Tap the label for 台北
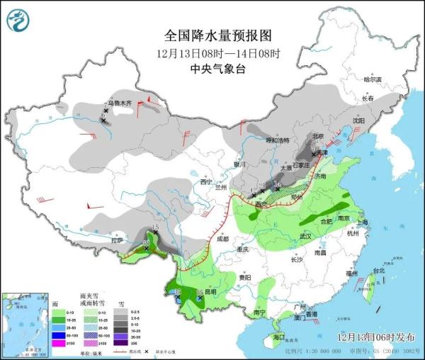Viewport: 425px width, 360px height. pyautogui.click(x=378, y=271)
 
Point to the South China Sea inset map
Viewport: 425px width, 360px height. pyautogui.click(x=23, y=318)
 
